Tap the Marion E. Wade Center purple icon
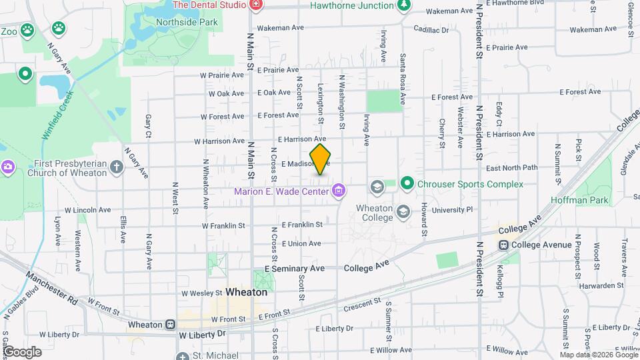[339, 192]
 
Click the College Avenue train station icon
[504, 245]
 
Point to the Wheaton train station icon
[171, 325]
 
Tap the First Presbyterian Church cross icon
[117, 167]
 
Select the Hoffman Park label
[571, 199]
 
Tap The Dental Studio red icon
[255, 5]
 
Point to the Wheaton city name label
[246, 292]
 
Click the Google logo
[22, 351]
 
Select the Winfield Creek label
[57, 114]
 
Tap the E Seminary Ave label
[294, 268]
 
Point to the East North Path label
[511, 168]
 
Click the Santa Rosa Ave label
[403, 80]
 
